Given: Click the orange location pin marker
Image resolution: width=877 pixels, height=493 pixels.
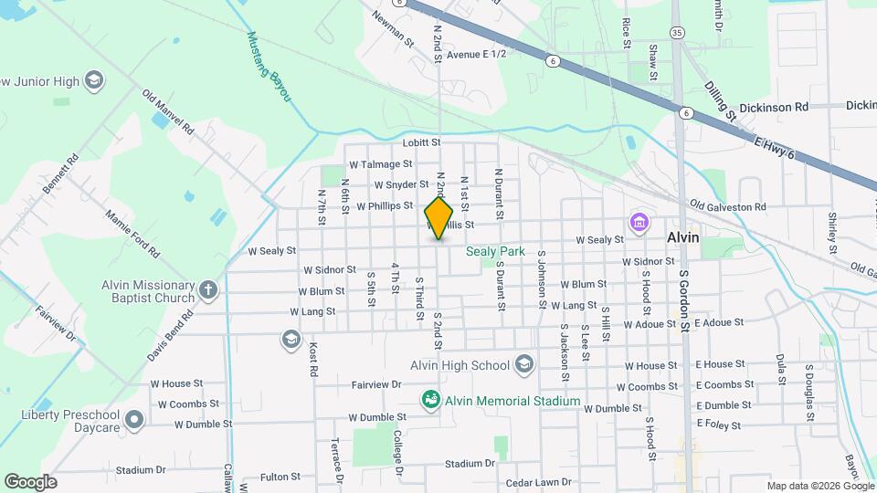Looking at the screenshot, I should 438,217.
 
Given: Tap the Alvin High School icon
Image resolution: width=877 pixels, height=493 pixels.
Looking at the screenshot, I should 523,365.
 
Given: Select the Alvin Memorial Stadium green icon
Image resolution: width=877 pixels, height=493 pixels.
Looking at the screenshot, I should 429,400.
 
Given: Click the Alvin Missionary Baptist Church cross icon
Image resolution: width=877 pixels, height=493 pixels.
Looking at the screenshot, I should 208,291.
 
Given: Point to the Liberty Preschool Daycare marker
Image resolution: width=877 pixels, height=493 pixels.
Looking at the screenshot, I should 134,421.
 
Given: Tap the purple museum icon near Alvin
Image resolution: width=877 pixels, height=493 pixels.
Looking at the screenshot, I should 638,222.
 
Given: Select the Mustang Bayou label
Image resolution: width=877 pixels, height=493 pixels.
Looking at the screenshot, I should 269,67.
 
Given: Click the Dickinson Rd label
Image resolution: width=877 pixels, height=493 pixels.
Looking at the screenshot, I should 775,107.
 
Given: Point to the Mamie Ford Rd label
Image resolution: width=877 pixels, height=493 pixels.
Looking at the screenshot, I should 132,233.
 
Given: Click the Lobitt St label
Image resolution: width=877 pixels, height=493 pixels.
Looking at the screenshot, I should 422,143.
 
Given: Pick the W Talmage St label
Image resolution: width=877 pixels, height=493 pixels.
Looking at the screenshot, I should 381,164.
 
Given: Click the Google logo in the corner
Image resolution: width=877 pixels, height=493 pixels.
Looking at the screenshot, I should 30,481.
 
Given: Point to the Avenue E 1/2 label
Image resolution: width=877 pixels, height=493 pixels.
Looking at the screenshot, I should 476,55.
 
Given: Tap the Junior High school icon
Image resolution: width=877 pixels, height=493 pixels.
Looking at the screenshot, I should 93,80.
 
